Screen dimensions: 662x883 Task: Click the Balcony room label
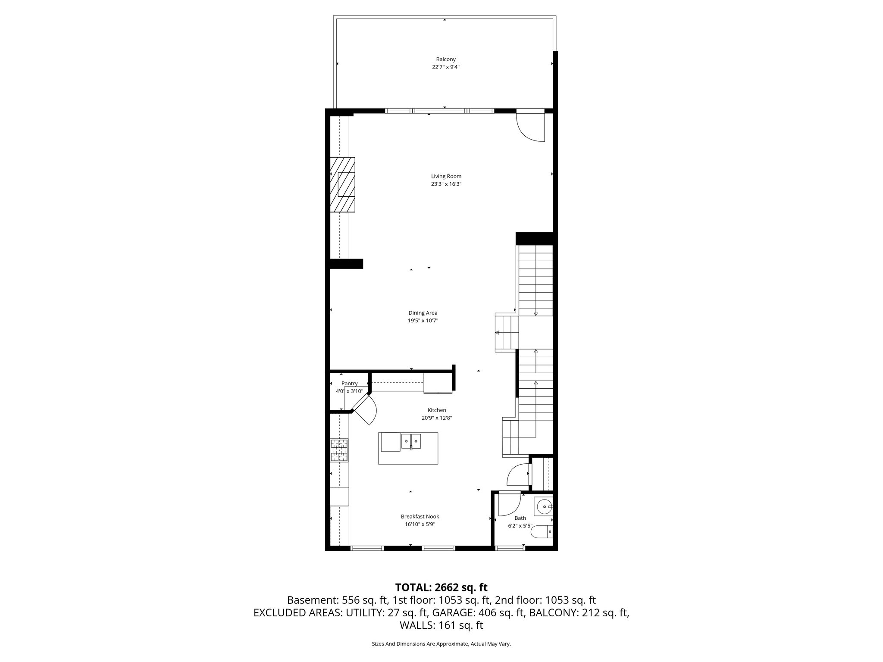click(x=445, y=59)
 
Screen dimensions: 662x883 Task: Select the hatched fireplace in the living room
click(x=343, y=184)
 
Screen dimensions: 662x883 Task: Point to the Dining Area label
click(x=423, y=313)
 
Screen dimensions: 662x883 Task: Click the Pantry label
click(x=349, y=384)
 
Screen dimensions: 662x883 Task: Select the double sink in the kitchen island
click(x=411, y=442)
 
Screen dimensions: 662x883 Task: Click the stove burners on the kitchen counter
click(x=339, y=450)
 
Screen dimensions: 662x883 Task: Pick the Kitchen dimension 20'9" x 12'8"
click(x=436, y=418)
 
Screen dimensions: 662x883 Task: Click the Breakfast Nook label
click(x=420, y=516)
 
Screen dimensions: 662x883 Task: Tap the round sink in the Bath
click(x=544, y=506)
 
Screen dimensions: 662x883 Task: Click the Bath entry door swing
click(x=509, y=505)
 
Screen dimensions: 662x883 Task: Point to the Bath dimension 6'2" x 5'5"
click(x=520, y=526)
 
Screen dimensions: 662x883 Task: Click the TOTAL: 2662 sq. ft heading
click(x=441, y=587)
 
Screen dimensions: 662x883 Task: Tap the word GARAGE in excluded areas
click(x=451, y=613)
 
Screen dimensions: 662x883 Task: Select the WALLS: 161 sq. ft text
click(x=441, y=625)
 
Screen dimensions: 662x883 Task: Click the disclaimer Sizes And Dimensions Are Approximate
click(x=441, y=644)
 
